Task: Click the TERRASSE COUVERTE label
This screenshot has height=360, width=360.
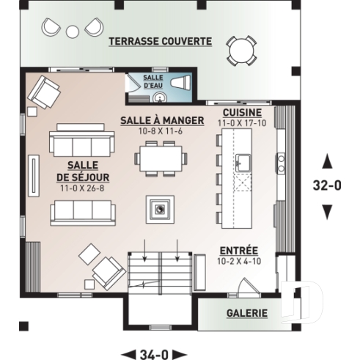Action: pyautogui.click(x=160, y=41)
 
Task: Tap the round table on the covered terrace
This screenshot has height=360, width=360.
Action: pyautogui.click(x=241, y=51)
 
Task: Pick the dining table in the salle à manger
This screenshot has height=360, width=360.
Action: pyautogui.click(x=159, y=158)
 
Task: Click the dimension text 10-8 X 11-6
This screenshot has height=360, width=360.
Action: pyautogui.click(x=159, y=131)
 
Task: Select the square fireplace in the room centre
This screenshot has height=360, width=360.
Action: pyautogui.click(x=159, y=208)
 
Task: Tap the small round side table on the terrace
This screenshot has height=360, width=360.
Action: pyautogui.click(x=72, y=32)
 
